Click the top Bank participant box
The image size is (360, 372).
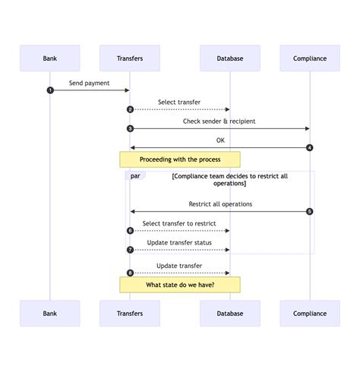(x=49, y=58)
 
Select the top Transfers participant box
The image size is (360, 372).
(x=130, y=58)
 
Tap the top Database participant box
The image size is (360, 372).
(x=229, y=58)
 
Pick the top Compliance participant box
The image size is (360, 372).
(x=310, y=58)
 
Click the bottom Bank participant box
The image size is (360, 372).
(x=49, y=313)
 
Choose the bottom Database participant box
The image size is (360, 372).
(x=229, y=313)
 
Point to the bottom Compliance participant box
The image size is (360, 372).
(x=310, y=313)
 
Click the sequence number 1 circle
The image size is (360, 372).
(x=50, y=90)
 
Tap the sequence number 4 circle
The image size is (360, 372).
(x=310, y=147)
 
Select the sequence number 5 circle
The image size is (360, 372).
(x=310, y=211)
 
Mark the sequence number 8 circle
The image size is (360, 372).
(x=130, y=273)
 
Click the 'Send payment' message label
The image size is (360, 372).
(x=90, y=83)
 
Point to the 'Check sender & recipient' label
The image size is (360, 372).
(x=219, y=121)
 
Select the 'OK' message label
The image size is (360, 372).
(x=220, y=140)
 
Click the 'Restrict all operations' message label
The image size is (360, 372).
(x=220, y=203)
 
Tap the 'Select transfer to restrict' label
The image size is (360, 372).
(x=179, y=223)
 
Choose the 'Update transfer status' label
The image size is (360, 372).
(x=179, y=242)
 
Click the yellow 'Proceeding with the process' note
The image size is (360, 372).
(x=180, y=159)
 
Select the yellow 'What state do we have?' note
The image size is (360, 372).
(x=180, y=285)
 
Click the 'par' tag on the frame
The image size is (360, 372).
(x=135, y=175)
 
